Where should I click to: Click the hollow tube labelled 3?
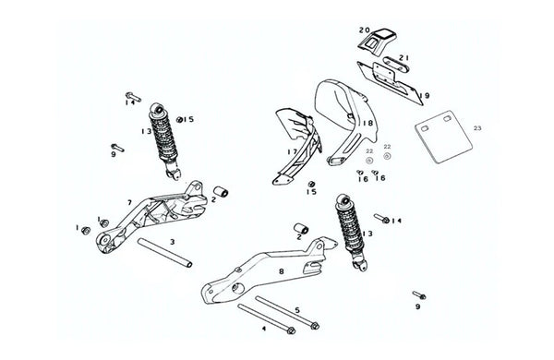pyautogui.click(x=165, y=253)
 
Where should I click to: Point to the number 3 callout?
pyautogui.click(x=173, y=242)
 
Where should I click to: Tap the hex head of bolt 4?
pyautogui.click(x=291, y=330)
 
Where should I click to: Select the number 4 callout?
pyautogui.click(x=264, y=329)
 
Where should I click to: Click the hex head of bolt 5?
pyautogui.click(x=315, y=326)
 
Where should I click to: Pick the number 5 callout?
pyautogui.click(x=297, y=310)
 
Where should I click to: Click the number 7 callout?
pyautogui.click(x=129, y=202)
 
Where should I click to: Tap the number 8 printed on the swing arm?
pyautogui.click(x=282, y=271)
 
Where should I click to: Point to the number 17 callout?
pyautogui.click(x=293, y=152)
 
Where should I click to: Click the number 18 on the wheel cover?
pyautogui.click(x=367, y=123)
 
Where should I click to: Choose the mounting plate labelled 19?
pyautogui.click(x=390, y=83)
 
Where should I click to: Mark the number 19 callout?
pyautogui.click(x=425, y=96)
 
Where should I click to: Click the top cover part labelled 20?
pyautogui.click(x=379, y=41)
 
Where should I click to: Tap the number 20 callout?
pyautogui.click(x=365, y=30)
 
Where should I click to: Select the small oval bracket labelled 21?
pyautogui.click(x=395, y=65)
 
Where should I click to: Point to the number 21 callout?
pyautogui.click(x=403, y=57)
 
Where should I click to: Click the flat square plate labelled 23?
pyautogui.click(x=443, y=137)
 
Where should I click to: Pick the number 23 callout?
pyautogui.click(x=477, y=128)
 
